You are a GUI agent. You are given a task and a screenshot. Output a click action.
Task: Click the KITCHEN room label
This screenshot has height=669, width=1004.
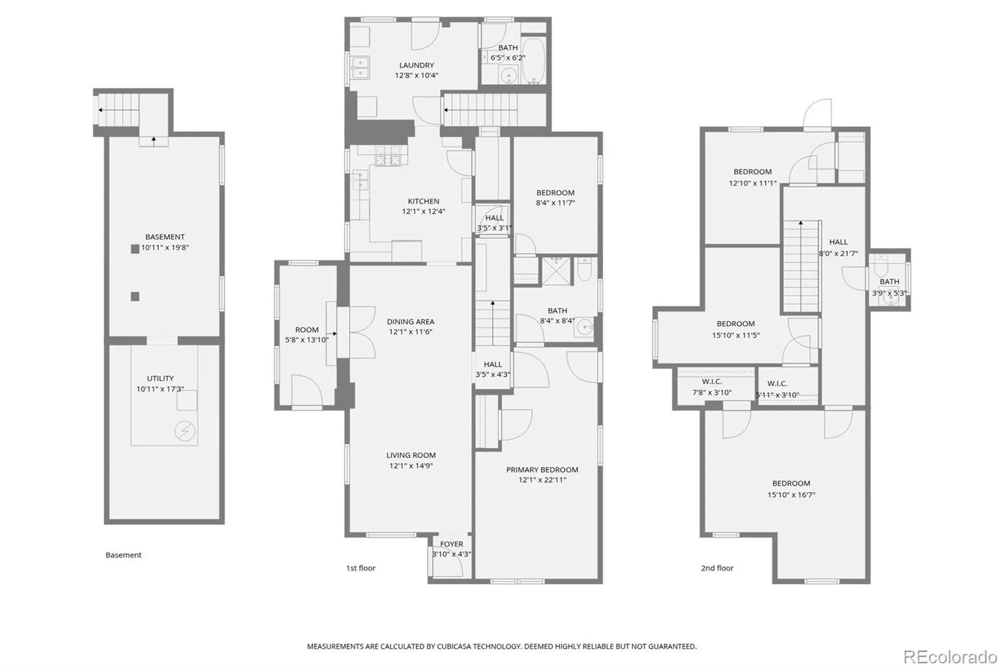423,201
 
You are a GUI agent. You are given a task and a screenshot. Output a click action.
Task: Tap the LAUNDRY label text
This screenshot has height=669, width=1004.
417,65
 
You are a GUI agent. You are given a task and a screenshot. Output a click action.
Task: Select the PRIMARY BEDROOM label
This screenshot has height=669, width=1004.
542,470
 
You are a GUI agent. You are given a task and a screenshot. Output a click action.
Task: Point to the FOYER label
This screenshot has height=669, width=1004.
451,544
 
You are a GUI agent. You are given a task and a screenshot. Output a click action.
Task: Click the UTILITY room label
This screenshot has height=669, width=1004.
160,378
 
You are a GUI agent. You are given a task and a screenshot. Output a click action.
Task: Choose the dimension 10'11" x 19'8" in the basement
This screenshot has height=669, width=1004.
165,247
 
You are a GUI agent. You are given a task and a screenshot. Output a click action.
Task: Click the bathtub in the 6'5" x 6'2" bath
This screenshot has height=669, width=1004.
534,61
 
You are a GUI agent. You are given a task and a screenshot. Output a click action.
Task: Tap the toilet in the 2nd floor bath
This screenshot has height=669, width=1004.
881,266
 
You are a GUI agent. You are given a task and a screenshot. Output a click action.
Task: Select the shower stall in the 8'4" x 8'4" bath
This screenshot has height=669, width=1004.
556,271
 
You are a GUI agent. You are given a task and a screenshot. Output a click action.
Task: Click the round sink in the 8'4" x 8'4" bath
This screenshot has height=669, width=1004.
584,328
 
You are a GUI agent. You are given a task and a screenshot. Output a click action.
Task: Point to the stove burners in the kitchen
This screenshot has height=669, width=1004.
388,156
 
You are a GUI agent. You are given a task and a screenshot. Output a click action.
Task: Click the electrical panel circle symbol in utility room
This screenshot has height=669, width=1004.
184,431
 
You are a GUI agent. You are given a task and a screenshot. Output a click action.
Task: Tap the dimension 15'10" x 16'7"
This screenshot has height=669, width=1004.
791,495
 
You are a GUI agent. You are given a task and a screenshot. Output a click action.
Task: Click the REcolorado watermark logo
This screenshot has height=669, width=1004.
950,657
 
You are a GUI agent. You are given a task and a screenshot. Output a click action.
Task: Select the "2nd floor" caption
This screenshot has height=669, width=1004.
717,568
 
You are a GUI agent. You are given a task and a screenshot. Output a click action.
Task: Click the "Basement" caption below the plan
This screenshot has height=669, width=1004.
123,555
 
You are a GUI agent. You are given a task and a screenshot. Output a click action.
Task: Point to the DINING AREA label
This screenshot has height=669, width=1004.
410,321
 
